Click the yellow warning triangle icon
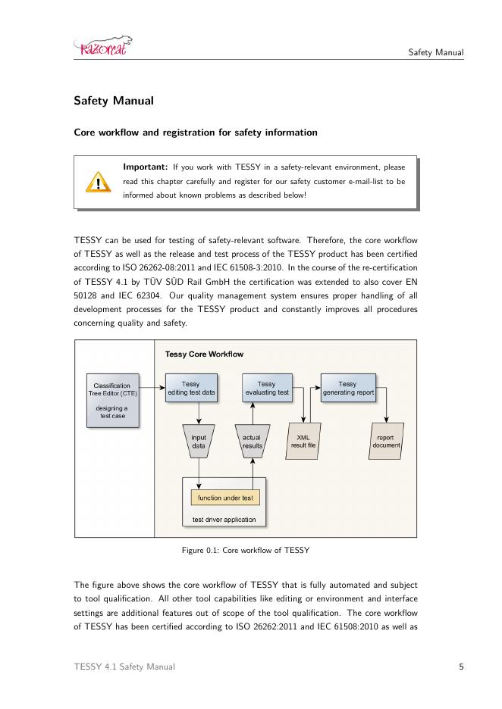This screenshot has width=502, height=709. point(97,183)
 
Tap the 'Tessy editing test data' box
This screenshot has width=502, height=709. point(191,389)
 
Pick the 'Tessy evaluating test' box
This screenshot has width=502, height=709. point(266,389)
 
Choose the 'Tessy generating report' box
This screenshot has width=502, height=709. point(347,389)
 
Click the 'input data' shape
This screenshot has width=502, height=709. point(199,442)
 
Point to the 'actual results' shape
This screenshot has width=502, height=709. point(252,442)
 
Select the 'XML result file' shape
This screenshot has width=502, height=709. point(303,442)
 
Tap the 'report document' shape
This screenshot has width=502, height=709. point(386,442)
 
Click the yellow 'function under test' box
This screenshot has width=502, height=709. point(225,498)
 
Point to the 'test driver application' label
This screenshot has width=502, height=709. point(224,520)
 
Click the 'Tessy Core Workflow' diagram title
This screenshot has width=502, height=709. point(204,354)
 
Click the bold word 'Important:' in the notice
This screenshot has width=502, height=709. point(146,167)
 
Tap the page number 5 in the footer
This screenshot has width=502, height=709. point(461,667)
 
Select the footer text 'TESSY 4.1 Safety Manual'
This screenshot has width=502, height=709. point(124,667)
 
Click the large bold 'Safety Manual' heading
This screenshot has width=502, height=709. point(113,100)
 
